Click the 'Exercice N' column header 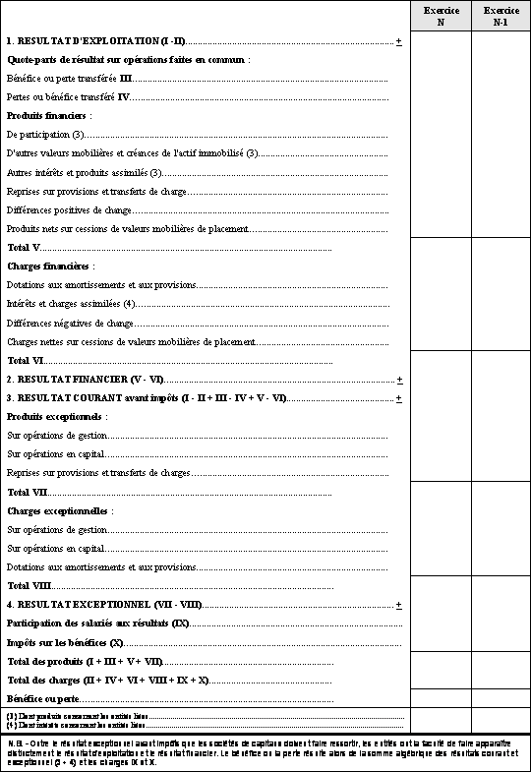440,16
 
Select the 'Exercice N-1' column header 501,16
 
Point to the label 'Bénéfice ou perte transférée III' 69,78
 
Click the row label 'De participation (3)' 45,134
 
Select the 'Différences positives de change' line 69,210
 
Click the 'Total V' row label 24,247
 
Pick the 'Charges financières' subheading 50,267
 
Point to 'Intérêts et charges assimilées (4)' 71,304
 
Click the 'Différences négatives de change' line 70,323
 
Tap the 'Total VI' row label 26,361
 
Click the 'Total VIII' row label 29,586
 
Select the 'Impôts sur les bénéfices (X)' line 65,642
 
